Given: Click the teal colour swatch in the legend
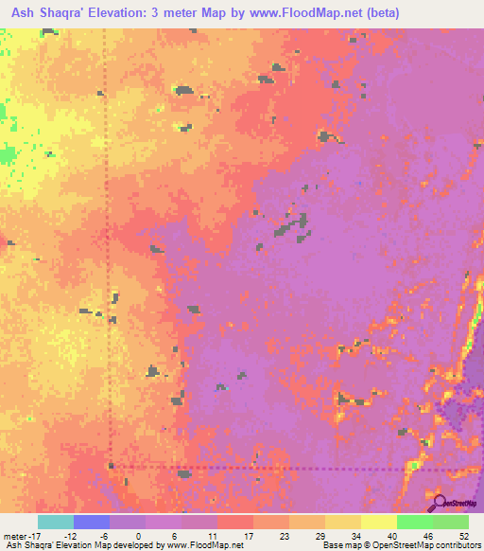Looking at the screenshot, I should tap(55, 522).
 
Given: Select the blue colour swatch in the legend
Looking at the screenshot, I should tap(91, 522).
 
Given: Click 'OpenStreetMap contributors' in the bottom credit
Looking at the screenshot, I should tap(432, 545).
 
